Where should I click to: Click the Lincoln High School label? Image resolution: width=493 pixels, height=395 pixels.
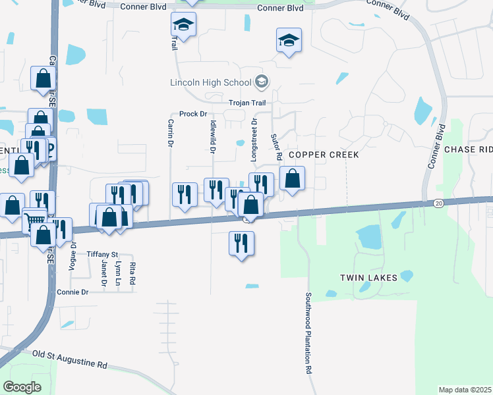click(210, 83)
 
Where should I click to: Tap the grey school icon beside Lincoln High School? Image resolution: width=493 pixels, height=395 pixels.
click(262, 82)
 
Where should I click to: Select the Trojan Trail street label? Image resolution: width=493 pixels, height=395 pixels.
click(246, 103)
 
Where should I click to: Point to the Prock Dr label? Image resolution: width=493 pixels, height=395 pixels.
click(193, 114)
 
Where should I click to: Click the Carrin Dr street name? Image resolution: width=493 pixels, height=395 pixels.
click(170, 132)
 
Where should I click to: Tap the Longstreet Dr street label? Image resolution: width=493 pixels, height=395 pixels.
click(254, 136)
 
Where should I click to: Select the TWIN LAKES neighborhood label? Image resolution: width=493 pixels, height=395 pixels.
click(368, 278)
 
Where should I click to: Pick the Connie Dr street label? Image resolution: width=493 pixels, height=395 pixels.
click(72, 292)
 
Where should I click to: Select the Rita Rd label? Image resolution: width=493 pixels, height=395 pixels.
click(132, 273)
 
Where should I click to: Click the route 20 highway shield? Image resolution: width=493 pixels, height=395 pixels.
click(438, 203)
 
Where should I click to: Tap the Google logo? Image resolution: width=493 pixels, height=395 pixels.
click(22, 387)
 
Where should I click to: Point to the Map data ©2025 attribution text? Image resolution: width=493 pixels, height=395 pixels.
click(465, 390)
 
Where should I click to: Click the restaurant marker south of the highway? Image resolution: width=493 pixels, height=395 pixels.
click(242, 244)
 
